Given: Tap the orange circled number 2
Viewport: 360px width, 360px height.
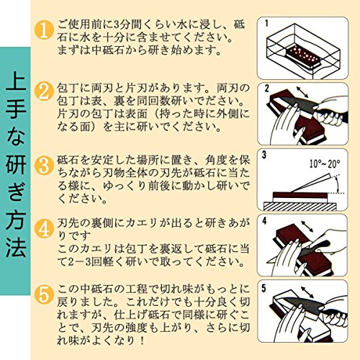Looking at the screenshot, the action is coord(44,91).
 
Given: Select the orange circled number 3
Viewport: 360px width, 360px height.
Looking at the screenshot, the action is coord(44,165).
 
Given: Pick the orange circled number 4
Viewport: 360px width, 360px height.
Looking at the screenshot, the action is coord(44,228).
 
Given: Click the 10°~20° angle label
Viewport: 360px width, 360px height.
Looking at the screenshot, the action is coord(325,164).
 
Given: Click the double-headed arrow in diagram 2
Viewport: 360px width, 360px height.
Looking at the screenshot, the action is coord(302,92).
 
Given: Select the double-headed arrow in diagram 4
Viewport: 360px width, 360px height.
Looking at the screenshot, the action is coord(307,226).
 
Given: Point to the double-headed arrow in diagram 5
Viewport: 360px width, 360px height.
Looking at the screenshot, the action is coord(307,292).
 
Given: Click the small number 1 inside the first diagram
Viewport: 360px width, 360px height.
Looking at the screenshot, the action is coord(266,23).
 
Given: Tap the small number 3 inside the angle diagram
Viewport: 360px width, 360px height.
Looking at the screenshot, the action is coord(264,155).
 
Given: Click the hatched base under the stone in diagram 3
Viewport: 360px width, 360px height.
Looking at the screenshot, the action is coord(300,206).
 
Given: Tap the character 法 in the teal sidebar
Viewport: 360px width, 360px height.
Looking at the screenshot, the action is coord(16,247).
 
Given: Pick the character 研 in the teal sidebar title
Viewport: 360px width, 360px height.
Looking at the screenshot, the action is coord(16,164).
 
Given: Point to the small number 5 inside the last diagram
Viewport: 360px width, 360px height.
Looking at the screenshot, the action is coord(264,288).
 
